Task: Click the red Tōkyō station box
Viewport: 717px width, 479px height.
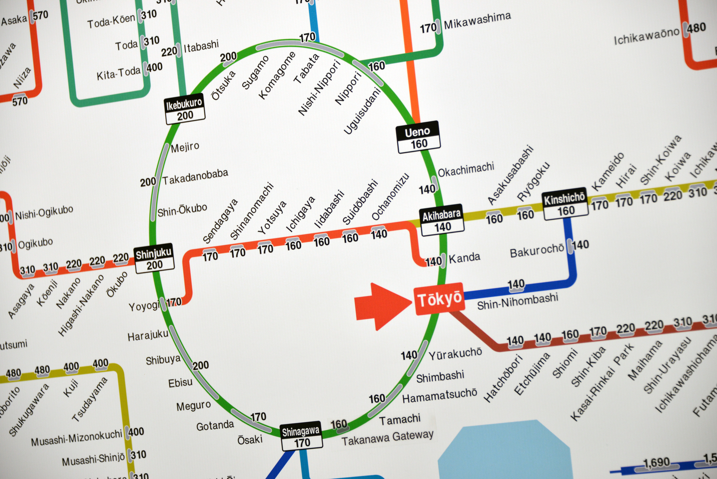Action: [440, 299]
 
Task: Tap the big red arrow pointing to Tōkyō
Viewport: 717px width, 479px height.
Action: [382, 306]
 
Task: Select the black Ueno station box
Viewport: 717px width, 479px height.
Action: [418, 137]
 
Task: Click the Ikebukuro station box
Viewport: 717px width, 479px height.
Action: [184, 109]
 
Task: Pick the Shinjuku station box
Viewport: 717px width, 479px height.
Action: [154, 259]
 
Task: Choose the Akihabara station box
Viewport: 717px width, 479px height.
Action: [442, 220]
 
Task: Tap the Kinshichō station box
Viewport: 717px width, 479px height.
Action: [565, 204]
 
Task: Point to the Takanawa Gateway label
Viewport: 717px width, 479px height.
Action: [387, 438]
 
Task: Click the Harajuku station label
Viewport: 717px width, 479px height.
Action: [148, 336]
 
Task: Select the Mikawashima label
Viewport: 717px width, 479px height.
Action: [477, 21]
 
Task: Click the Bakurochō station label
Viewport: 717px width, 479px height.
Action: [536, 251]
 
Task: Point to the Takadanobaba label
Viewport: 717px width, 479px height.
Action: [195, 177]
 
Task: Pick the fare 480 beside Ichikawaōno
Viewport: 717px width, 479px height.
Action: [696, 28]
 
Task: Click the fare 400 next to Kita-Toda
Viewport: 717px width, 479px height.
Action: [154, 67]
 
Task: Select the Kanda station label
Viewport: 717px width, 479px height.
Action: [464, 258]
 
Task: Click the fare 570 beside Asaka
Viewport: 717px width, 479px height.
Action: [41, 15]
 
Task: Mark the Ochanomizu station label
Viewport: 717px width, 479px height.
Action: [390, 196]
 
